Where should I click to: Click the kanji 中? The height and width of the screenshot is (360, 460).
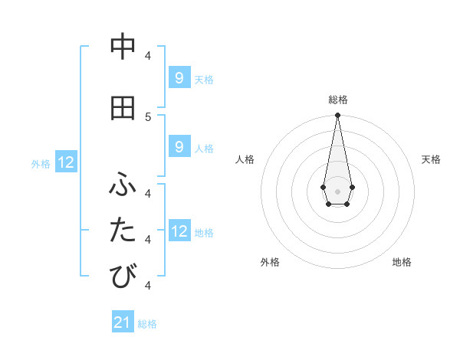point(123,47)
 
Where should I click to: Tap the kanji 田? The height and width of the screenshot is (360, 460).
point(123,109)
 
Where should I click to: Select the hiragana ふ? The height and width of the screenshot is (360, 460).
point(123,185)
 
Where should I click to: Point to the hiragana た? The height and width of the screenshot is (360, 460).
point(123,231)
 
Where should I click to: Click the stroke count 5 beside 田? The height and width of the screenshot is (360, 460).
point(147,116)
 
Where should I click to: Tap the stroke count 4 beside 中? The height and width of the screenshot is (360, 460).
point(147,55)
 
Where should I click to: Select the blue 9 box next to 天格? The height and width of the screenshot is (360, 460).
point(179,78)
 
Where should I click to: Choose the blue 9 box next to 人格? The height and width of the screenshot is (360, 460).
point(179,147)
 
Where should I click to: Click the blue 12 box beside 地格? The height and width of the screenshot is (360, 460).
point(179,231)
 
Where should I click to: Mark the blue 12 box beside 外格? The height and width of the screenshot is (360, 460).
point(66,162)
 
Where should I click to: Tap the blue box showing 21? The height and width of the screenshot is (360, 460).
point(123,322)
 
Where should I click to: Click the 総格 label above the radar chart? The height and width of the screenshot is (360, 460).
point(337,100)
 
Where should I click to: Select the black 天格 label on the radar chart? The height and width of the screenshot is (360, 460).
point(431,159)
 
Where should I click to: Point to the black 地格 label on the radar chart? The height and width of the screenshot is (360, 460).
point(402,262)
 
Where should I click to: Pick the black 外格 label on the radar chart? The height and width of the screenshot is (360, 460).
point(270,262)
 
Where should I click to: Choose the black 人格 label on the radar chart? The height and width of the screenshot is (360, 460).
point(245,159)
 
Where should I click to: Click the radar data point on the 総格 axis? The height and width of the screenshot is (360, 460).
point(337,116)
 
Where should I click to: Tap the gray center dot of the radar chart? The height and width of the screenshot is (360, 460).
point(337,190)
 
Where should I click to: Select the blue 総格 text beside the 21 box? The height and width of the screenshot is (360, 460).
point(147,324)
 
